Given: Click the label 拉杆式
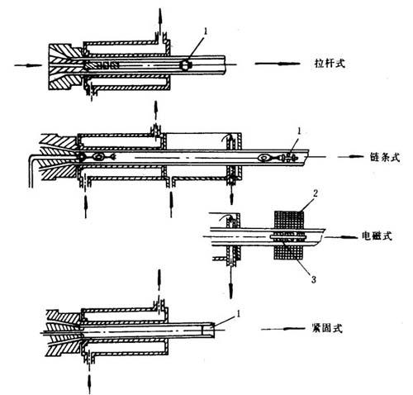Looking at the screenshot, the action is coord(330,64).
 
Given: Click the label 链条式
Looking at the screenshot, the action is coord(385,157).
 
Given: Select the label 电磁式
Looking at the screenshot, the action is coord(377,236).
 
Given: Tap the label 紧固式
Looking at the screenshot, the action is coord(327,328).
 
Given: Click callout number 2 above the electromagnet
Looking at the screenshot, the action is coord(316,193).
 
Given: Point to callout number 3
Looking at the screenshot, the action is coord(314,279).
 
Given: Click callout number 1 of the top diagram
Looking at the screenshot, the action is coord(205,31).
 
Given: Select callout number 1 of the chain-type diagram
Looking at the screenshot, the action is coord(299,131).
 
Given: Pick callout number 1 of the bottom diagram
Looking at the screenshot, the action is coord(239,313).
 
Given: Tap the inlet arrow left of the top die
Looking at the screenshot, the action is coord(28,65).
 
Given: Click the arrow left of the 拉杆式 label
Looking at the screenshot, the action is coord(278,64).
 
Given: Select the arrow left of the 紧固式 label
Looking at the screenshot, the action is coord(283,329).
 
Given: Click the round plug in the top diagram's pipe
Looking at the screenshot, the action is coord(185,65).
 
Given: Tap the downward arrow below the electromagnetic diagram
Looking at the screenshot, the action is coord(230,283).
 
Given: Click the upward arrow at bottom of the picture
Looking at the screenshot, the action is coord(89,383).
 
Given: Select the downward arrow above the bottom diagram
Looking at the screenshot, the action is coord(159,280).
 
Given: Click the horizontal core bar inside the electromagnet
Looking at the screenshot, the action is coord(288,236).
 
